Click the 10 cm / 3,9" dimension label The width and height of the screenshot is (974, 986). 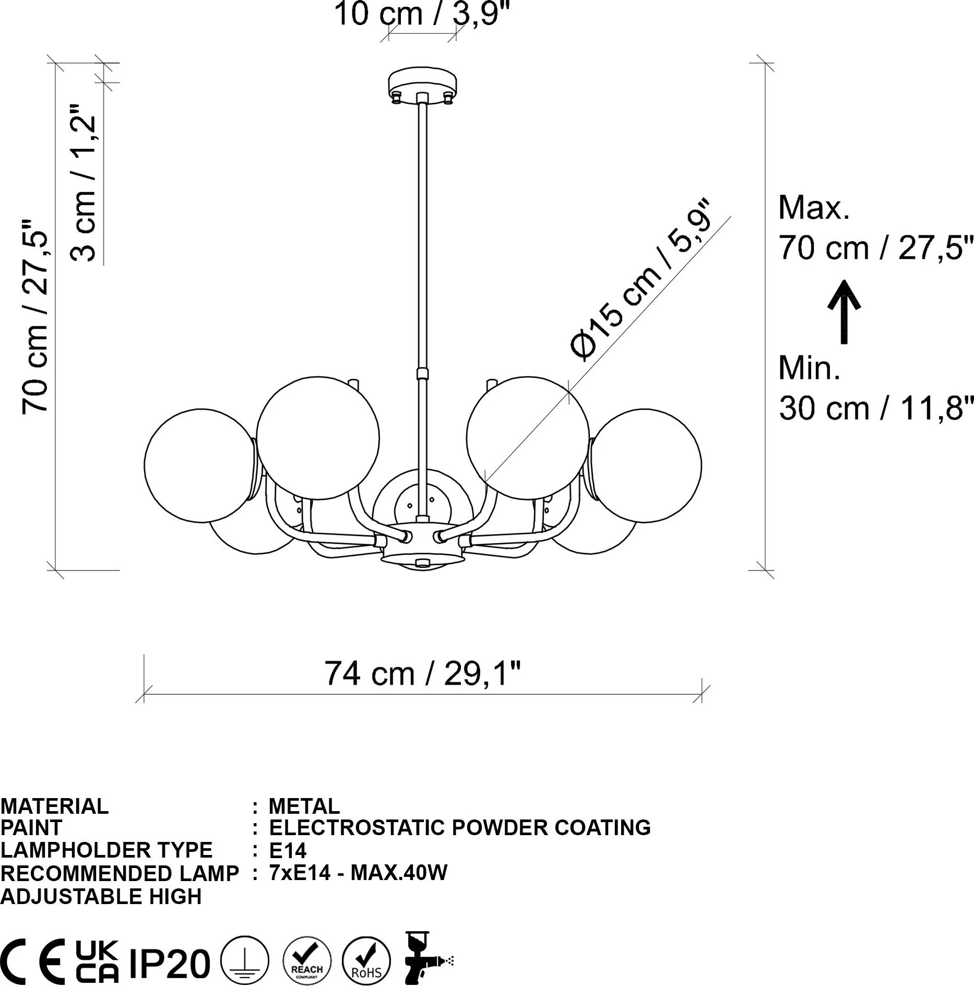coord(421,14)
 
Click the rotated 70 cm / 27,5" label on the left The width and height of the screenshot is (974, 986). coord(35,316)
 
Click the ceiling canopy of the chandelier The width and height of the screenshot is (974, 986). coord(422,84)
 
